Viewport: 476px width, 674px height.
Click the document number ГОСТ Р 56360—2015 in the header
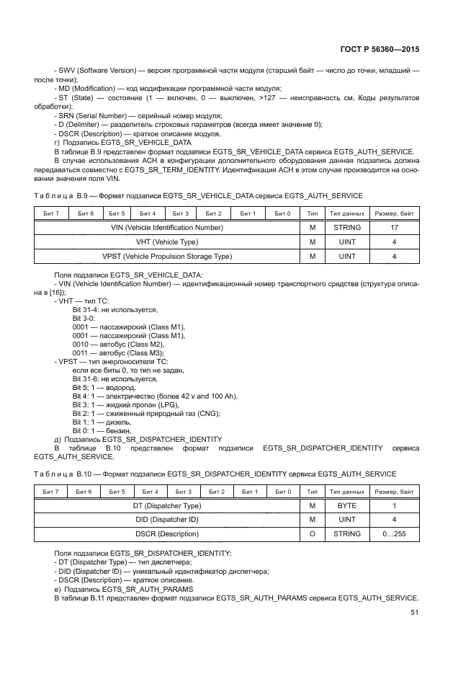point(379,50)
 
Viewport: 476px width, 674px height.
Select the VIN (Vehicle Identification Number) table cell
point(167,227)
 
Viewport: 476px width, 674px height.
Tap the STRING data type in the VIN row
point(347,227)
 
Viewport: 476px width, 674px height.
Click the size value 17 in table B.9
point(394,227)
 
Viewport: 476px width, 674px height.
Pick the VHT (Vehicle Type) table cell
point(167,241)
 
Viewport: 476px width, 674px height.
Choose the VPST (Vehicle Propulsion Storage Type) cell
point(167,256)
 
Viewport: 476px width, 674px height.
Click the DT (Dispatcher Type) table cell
point(167,506)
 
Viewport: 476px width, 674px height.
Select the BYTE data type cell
point(347,506)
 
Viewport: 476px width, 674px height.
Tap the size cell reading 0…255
point(394,535)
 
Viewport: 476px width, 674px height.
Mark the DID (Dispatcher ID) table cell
point(167,520)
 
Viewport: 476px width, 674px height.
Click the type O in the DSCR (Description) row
point(312,535)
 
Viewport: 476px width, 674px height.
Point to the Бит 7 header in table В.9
point(51,213)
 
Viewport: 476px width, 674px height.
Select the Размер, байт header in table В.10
point(394,492)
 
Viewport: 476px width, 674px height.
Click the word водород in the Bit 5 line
point(120,387)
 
